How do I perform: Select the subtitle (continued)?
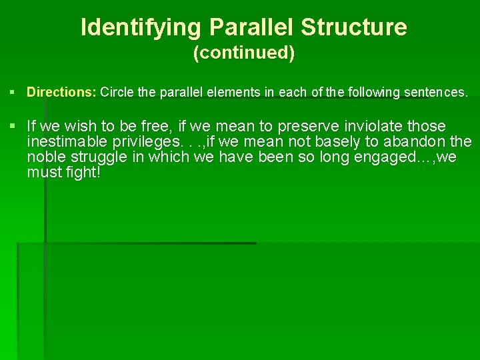pyautogui.click(x=243, y=53)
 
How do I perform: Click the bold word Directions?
pyautogui.click(x=61, y=93)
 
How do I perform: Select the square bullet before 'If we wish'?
pyautogui.click(x=13, y=126)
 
